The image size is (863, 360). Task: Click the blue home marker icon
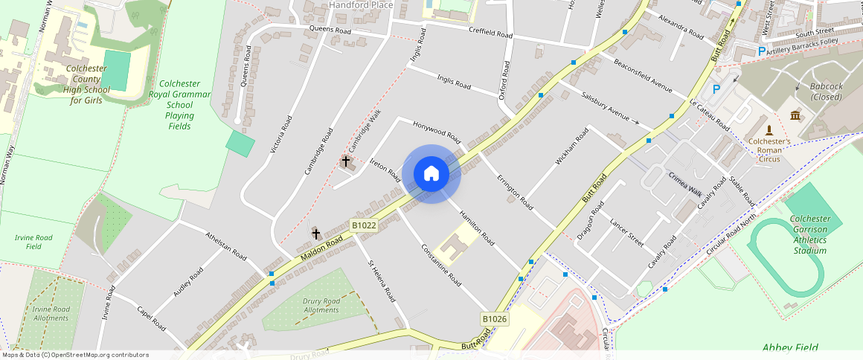431,174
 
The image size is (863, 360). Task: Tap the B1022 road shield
364,225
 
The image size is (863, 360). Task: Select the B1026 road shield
495,319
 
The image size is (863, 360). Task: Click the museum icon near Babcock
795,116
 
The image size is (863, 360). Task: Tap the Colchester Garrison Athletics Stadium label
809,234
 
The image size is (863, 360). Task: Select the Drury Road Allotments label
321,305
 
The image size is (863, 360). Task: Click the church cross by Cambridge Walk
345,161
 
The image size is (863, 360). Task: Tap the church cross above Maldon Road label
316,234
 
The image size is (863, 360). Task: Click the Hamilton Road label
477,228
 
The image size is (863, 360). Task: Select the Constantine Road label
441,266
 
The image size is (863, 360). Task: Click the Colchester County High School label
86,84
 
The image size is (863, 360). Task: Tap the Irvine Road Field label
33,242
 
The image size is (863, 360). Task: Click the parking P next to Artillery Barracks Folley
761,51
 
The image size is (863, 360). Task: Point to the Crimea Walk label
685,184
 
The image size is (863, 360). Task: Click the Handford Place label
361,5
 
